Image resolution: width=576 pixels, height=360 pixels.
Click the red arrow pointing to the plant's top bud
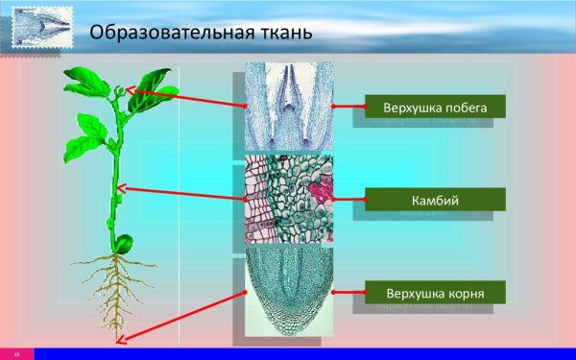[182, 99]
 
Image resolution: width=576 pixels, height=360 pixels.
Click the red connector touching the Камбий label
[350, 200]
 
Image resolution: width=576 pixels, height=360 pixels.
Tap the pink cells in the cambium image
[324, 187]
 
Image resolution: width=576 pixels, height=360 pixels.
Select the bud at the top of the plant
[118, 91]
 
